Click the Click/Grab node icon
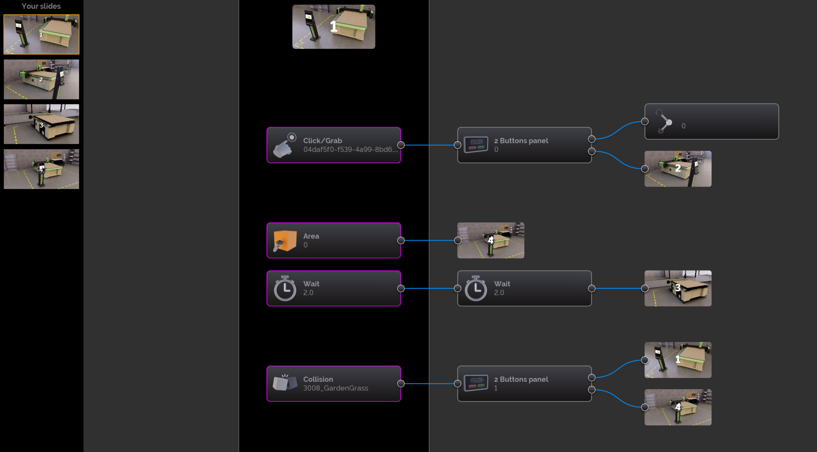coord(285,145)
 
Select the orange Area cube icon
coord(285,241)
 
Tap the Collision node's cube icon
coord(285,383)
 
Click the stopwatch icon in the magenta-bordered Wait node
coord(285,289)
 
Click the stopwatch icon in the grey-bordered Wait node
coord(476,289)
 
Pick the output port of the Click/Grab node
coord(401,145)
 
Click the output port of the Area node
coord(401,240)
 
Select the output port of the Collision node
coord(401,384)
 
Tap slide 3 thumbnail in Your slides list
coord(41,124)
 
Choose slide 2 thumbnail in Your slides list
coord(41,80)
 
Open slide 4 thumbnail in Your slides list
coord(41,169)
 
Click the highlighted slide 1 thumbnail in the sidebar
coord(41,34)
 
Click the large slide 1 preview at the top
coord(334,27)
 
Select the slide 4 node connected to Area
coord(491,240)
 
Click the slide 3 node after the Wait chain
coord(678,288)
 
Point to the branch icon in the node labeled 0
coord(664,122)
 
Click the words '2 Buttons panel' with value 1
coord(521,379)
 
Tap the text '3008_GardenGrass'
coord(335,388)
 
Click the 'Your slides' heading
coord(41,6)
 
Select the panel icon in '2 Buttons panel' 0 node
coord(476,145)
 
